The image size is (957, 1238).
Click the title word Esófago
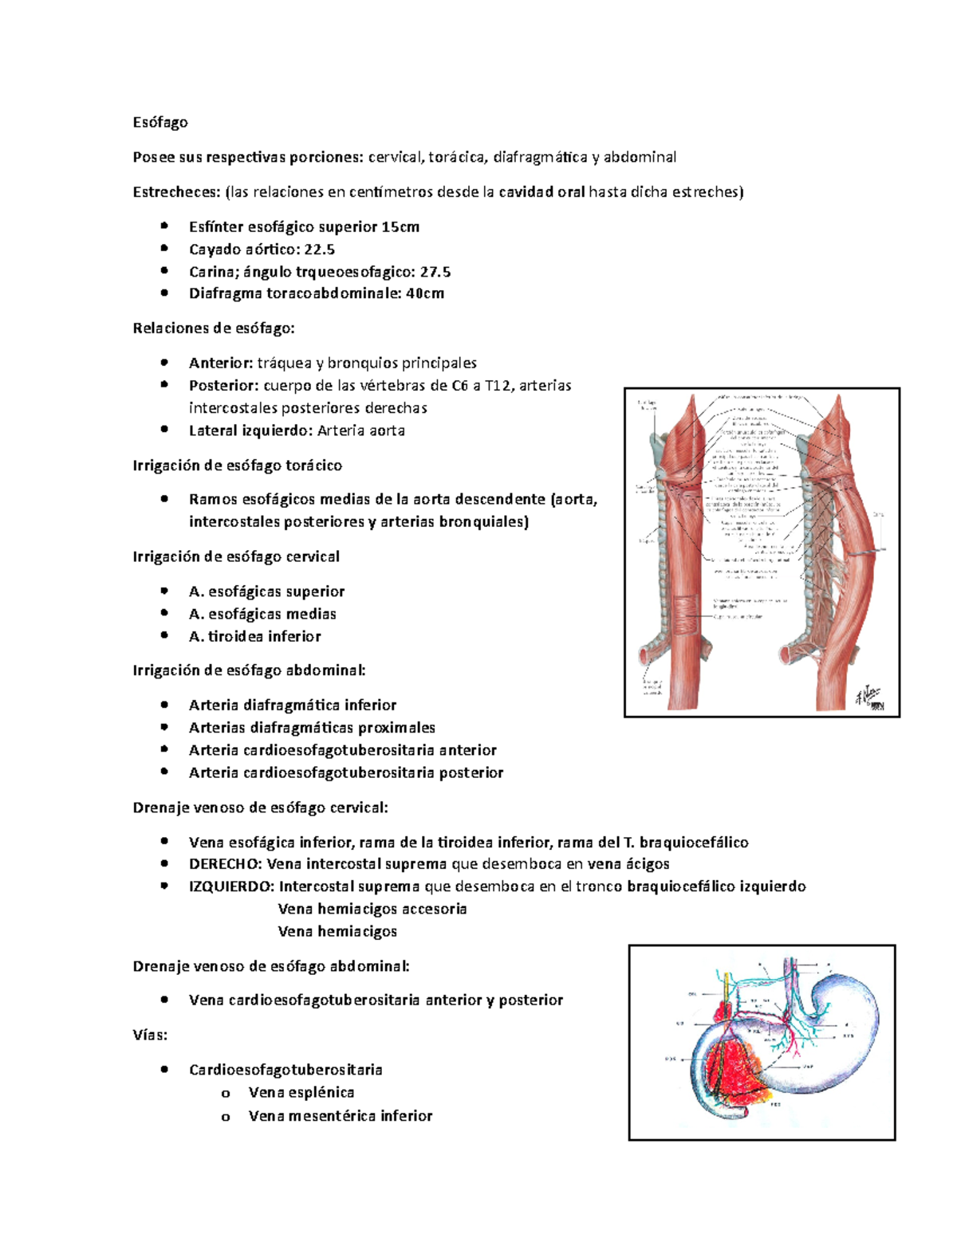click(x=160, y=122)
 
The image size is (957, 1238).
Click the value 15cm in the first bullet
click(x=400, y=227)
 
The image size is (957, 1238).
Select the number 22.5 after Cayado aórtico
click(x=320, y=250)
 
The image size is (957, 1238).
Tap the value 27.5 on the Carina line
click(x=435, y=272)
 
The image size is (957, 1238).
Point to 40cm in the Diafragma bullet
click(x=425, y=293)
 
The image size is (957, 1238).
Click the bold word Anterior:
click(x=221, y=364)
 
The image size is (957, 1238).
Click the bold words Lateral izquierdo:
click(x=250, y=430)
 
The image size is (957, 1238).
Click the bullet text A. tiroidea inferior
click(x=254, y=636)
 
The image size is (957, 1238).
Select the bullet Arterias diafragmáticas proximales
click(x=312, y=728)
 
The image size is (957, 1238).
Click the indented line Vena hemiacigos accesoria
click(x=372, y=909)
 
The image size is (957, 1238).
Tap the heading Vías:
click(x=150, y=1035)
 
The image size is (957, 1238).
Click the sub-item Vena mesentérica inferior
click(x=341, y=1116)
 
